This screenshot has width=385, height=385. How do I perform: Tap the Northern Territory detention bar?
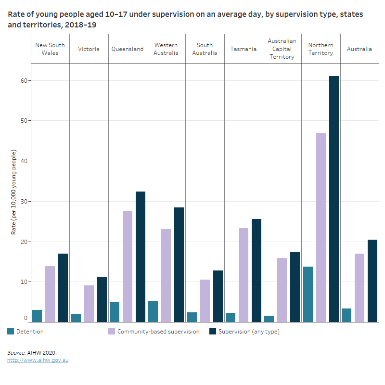[x=308, y=294]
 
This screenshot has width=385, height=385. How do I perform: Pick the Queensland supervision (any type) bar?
[x=141, y=257]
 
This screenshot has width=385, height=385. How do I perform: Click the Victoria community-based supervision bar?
[x=89, y=303]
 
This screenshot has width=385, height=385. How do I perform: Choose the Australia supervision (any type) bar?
[x=372, y=281]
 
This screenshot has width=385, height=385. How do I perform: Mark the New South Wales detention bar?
[x=37, y=316]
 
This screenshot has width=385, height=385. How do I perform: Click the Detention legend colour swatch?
[x=11, y=331]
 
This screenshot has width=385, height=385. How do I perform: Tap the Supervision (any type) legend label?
[x=249, y=331]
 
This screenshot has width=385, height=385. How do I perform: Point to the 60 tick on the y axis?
[x=22, y=80]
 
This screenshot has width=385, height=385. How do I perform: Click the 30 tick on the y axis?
[x=22, y=201]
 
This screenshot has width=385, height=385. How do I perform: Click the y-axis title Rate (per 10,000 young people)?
[x=14, y=192]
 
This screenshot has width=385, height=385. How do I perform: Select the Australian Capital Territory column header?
[x=282, y=49]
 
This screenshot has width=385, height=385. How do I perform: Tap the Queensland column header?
[x=128, y=49]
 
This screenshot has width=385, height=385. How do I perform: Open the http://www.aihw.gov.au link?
[x=38, y=360]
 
